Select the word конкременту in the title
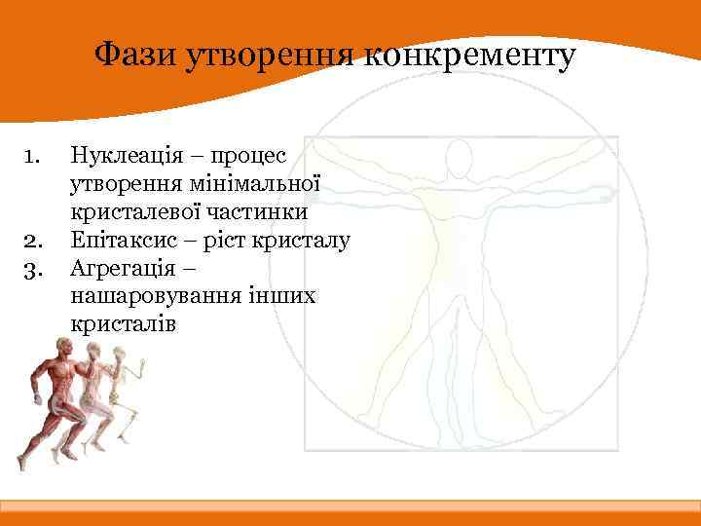[471, 56]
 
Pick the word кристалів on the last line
[123, 323]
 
